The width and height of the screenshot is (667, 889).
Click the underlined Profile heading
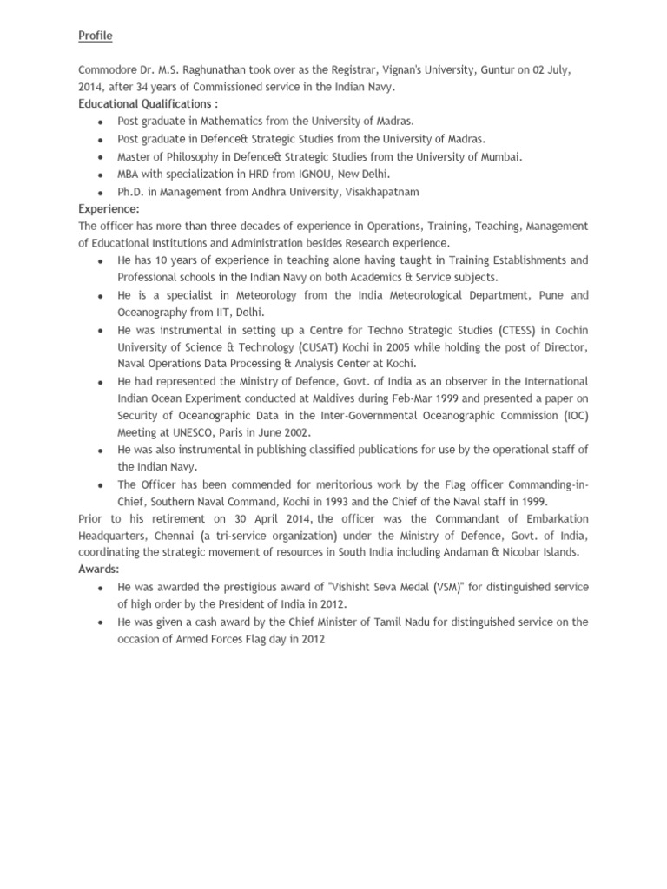[x=96, y=36]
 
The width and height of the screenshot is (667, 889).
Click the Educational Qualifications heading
[x=144, y=104]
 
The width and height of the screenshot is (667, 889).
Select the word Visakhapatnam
[x=382, y=192]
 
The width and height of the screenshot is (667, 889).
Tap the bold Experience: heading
[x=109, y=209]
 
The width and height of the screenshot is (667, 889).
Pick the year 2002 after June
[x=293, y=433]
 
